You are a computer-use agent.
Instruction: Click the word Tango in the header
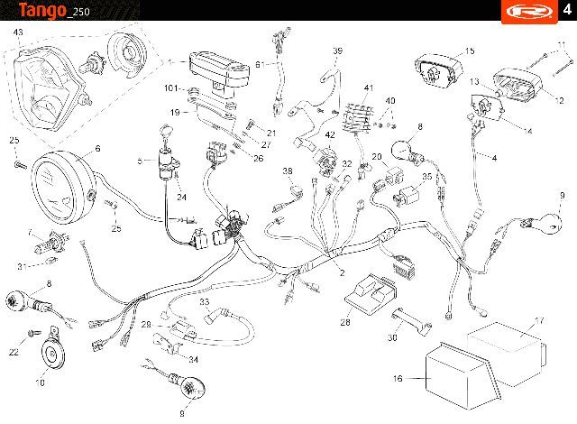(42, 10)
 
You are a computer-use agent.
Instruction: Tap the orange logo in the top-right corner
(529, 12)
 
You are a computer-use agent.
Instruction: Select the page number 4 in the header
(567, 9)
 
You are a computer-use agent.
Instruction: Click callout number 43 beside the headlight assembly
(18, 32)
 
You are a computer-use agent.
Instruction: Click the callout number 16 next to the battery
(398, 378)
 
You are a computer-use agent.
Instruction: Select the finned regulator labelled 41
(358, 117)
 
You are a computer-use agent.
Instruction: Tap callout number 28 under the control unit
(345, 322)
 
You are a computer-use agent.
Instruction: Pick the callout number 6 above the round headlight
(97, 148)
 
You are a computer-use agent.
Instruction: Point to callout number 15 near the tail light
(470, 51)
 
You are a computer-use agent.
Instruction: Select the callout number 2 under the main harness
(343, 272)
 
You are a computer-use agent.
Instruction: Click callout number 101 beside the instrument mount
(171, 88)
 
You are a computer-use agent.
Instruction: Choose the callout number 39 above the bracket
(337, 51)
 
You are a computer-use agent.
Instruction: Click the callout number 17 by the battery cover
(539, 320)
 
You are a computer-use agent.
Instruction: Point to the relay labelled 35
(407, 194)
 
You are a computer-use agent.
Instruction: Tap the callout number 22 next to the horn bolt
(14, 352)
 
